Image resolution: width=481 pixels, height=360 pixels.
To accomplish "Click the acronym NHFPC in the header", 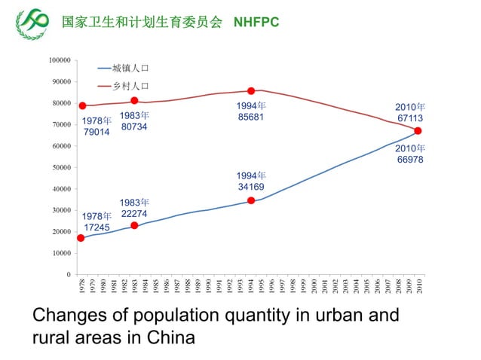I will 256,22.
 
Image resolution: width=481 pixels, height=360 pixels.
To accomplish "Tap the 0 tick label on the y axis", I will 69,275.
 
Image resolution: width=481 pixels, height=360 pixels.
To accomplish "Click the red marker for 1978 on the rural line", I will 82,105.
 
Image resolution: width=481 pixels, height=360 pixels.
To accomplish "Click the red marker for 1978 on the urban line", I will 81,238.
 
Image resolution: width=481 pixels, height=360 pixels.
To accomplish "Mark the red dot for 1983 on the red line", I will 134,101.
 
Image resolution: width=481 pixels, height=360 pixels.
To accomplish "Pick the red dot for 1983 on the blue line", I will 134,226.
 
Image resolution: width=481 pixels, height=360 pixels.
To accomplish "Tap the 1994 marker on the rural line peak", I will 251,90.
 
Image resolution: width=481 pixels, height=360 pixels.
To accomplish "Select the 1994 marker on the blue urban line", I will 251,201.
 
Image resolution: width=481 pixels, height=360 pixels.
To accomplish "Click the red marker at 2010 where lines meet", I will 418,130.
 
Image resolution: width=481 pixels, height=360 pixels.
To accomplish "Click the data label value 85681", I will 251,117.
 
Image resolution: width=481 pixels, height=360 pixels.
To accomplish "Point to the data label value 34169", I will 251,187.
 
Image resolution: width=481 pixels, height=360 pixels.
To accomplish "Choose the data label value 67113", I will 410,118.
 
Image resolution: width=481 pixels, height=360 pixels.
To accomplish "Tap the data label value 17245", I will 97,227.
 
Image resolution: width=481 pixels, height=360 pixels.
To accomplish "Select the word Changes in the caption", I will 66,316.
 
